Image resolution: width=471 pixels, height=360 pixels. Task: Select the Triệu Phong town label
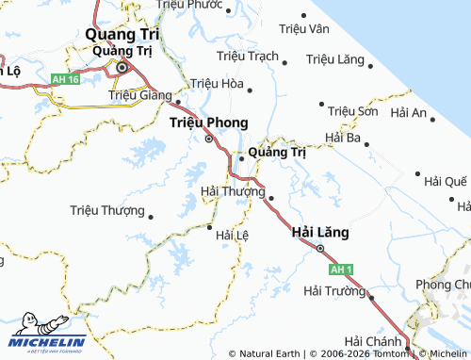[208, 123]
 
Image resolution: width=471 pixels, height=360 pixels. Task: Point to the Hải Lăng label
[321, 231]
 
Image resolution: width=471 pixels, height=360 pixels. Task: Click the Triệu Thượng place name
[107, 211]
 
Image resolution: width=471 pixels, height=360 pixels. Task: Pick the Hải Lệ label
[232, 235]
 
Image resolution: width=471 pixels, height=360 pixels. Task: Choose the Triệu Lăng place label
[335, 59]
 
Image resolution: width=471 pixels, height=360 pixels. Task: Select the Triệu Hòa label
[216, 83]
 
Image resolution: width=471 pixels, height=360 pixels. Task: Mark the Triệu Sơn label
[354, 111]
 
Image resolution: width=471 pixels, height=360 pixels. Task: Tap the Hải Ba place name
[343, 138]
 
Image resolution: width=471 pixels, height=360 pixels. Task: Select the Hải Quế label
[446, 181]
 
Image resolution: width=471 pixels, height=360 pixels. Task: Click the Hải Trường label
[334, 291]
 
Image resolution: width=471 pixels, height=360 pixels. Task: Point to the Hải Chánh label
[374, 340]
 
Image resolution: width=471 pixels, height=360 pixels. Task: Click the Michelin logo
[47, 336]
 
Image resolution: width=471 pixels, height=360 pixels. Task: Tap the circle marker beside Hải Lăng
[319, 249]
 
